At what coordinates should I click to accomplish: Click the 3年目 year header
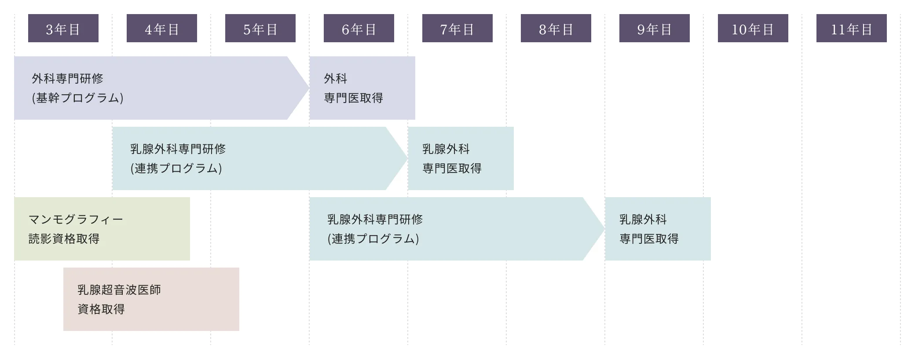(63, 28)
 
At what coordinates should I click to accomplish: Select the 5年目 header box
(260, 28)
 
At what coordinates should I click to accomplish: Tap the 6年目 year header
(359, 28)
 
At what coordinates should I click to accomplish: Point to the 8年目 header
(556, 28)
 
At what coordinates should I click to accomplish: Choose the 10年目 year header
(753, 28)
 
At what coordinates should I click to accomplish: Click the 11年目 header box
(852, 28)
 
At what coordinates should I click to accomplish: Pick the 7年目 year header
(457, 28)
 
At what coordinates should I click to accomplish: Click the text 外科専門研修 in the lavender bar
(67, 79)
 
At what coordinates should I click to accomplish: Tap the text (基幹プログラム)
(77, 98)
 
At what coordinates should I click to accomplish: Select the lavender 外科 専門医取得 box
(362, 88)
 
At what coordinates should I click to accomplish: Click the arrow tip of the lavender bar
(309, 88)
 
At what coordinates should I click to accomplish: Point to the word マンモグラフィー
(76, 219)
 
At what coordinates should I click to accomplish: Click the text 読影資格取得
(64, 239)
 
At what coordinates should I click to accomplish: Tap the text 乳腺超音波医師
(119, 290)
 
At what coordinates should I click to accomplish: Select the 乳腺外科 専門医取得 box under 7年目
(461, 158)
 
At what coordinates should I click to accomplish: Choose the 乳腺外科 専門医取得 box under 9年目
(658, 229)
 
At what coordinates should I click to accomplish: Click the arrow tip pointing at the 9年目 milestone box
(604, 229)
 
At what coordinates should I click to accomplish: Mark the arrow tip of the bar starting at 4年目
(407, 158)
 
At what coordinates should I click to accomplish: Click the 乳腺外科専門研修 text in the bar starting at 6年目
(375, 219)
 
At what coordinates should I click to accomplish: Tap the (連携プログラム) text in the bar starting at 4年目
(176, 168)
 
